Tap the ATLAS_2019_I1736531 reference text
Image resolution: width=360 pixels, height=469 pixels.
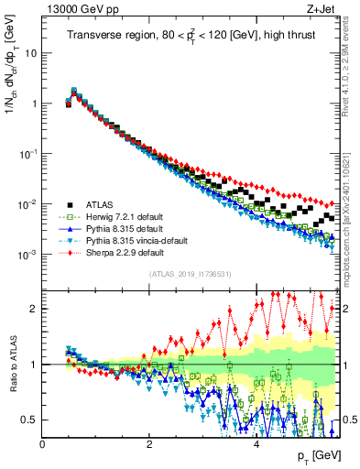click(x=191, y=275)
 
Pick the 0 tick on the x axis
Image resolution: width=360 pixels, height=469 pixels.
click(x=42, y=444)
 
